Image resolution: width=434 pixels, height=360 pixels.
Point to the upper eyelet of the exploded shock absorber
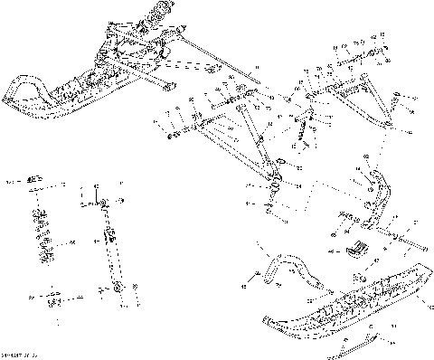[107, 199]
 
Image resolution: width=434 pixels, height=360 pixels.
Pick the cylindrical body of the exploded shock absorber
[111, 244]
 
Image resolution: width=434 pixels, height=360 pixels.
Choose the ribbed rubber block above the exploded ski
[356, 250]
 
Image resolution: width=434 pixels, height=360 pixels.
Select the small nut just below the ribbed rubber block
[356, 276]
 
